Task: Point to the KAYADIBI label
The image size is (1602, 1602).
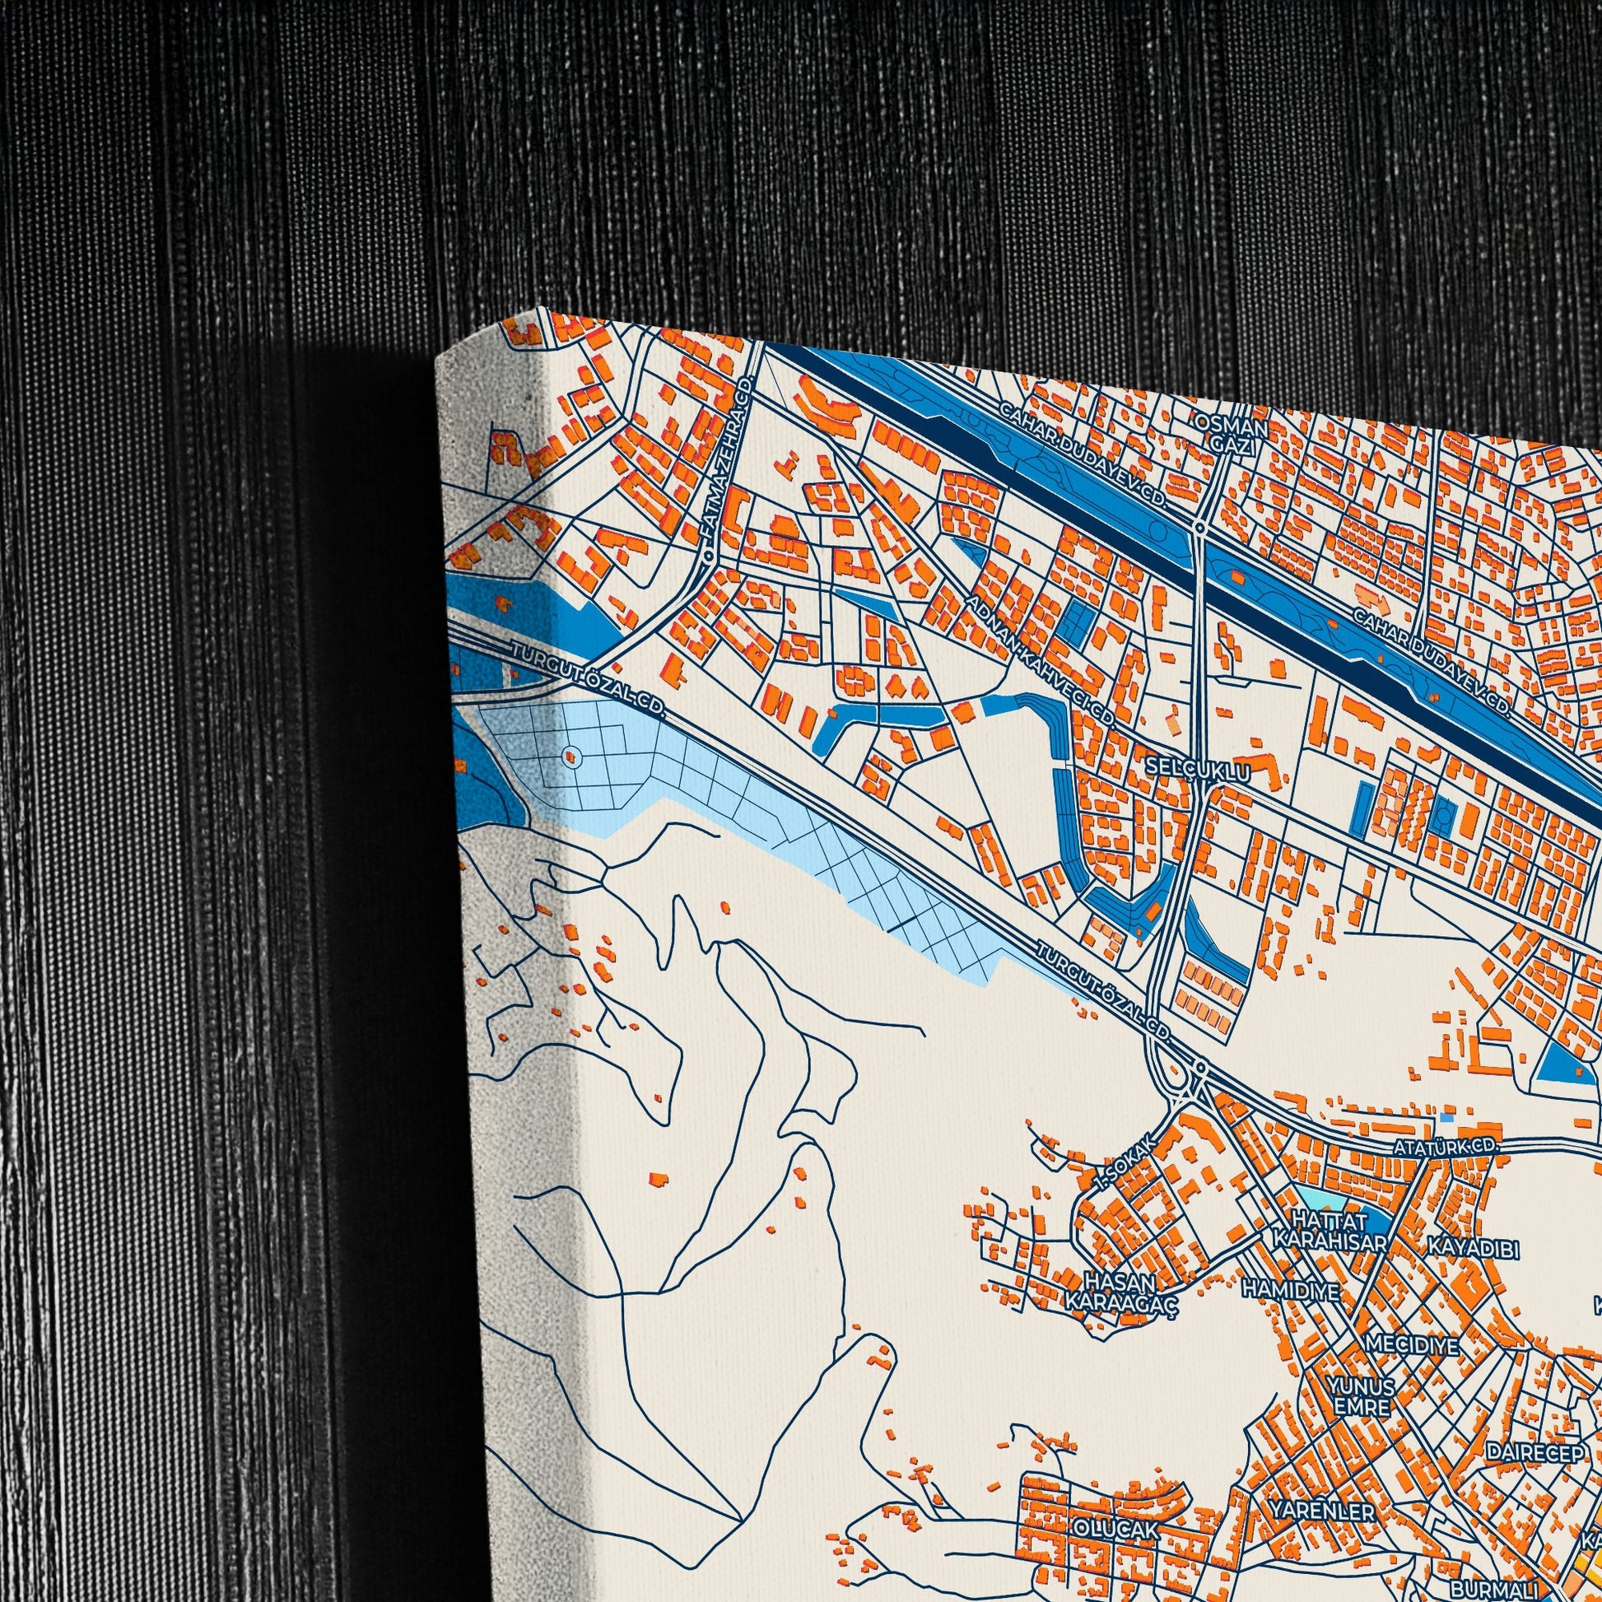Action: (x=1474, y=1247)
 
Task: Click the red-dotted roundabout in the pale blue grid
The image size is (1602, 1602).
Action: (x=570, y=756)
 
